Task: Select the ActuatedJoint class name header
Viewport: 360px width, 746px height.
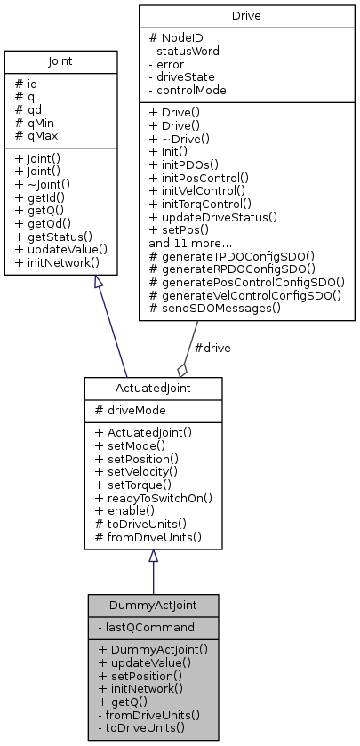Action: pos(153,389)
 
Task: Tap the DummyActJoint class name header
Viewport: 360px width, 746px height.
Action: pos(153,605)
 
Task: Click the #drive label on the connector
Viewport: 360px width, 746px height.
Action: pos(211,348)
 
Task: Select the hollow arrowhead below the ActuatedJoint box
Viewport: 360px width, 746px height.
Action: pos(153,556)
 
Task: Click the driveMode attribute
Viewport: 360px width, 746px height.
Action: pos(131,411)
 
